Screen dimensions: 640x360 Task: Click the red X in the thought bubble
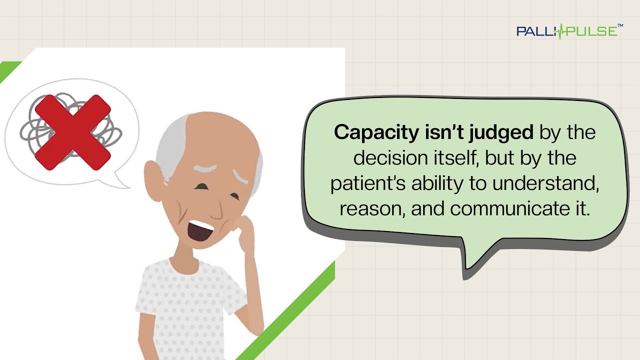point(72,132)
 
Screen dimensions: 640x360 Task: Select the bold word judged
point(501,133)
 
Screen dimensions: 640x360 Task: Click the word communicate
point(511,209)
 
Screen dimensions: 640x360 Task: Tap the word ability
point(437,183)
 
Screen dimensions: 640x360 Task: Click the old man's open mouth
point(200,230)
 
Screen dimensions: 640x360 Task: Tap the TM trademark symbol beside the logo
point(620,25)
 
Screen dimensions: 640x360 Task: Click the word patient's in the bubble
point(368,183)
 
